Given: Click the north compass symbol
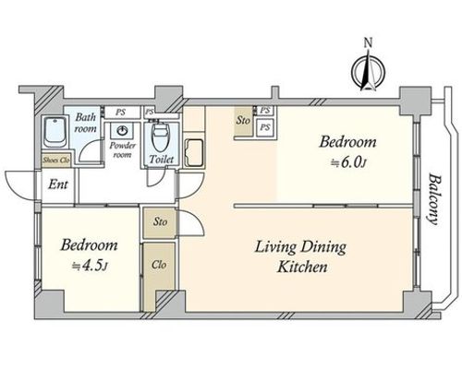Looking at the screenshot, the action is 369,73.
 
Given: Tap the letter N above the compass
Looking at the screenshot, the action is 369,42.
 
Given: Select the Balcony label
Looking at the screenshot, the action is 433,199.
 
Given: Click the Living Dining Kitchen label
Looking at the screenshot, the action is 300,257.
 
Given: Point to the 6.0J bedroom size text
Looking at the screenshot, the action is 348,163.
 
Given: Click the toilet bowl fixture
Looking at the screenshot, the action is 159,137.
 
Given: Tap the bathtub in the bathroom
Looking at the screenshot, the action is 55,133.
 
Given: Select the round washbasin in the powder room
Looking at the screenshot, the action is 123,131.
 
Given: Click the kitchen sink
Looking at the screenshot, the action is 194,153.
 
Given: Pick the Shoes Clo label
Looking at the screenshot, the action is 56,161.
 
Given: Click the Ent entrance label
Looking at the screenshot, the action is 58,184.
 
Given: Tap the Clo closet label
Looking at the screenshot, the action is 159,265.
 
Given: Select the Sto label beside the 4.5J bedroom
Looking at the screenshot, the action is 160,221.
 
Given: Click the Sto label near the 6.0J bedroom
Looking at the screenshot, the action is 243,121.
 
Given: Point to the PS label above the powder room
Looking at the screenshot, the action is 120,113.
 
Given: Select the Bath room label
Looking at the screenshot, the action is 85,123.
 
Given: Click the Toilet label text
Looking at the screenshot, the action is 162,160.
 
